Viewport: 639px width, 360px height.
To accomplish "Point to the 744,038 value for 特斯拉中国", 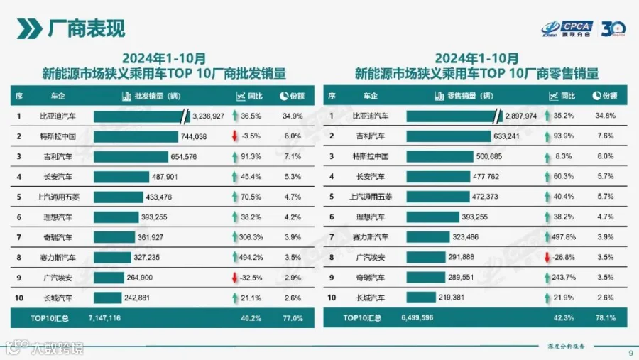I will (193, 136).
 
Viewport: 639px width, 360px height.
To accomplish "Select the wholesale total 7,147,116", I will (104, 319).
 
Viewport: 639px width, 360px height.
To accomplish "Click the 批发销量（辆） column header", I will (153, 96).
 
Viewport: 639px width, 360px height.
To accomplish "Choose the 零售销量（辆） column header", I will (462, 96).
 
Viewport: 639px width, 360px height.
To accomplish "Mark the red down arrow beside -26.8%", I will (547, 257).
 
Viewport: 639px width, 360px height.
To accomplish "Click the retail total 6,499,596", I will (417, 319).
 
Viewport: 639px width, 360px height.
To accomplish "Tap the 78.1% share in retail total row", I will (606, 319).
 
